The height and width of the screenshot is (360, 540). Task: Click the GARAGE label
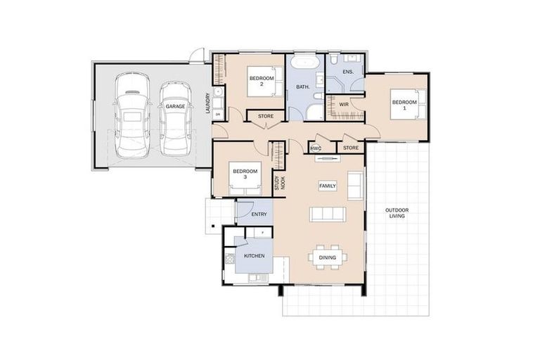tap(176, 106)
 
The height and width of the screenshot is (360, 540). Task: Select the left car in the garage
tap(132, 114)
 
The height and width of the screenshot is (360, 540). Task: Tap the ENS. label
tap(347, 72)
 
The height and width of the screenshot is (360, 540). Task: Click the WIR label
tap(344, 105)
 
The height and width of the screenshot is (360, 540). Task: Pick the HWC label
tap(316, 148)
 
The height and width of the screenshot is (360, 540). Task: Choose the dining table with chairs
tap(328, 257)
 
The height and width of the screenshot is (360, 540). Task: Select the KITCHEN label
tap(254, 256)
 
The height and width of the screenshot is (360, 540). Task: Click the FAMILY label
tap(328, 186)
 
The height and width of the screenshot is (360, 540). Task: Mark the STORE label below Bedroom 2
tap(265, 116)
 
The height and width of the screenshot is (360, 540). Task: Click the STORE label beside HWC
tap(351, 148)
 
